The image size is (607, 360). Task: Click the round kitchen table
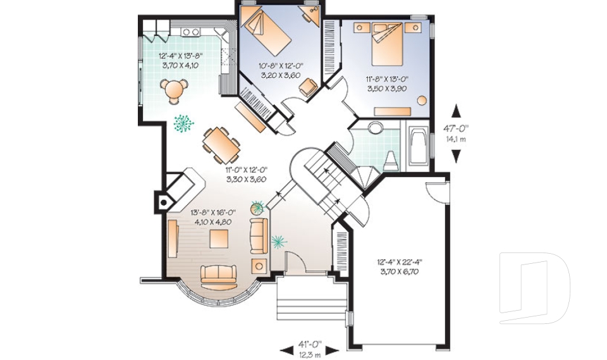pos(174,89)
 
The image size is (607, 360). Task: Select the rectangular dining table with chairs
pos(221,145)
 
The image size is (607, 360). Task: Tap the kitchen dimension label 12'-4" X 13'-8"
pos(180,55)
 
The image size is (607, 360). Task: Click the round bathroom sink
pos(375,128)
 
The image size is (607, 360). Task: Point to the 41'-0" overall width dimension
pos(310,344)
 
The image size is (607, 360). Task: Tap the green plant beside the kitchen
pos(183,123)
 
